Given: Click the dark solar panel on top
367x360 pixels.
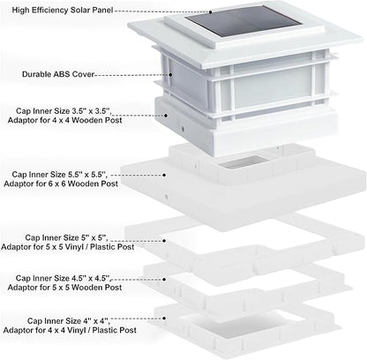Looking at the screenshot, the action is [244, 21].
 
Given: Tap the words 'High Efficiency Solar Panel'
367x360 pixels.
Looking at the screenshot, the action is [63, 10].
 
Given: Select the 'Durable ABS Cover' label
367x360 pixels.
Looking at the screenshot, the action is [58, 74].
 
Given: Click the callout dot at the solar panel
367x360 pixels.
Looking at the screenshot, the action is [211, 12].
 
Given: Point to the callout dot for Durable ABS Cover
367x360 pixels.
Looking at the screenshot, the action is [170, 75].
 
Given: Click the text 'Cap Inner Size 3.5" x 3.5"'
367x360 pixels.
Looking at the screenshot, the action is [63, 111].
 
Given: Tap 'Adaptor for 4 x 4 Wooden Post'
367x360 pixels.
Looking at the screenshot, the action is [64, 120].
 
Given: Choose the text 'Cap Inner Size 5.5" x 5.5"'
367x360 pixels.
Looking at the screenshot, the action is [59, 175].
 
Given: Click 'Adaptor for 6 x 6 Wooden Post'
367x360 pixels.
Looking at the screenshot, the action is [61, 184].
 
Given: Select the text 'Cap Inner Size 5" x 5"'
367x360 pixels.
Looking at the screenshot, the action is [66, 237].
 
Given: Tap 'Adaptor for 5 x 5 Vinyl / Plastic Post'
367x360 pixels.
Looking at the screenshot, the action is [68, 247].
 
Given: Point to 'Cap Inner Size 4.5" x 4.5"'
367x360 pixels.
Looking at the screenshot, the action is [63, 278].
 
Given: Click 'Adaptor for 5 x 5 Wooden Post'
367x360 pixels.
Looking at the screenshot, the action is [64, 288].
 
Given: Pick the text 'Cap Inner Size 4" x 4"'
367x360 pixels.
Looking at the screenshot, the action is [69, 321].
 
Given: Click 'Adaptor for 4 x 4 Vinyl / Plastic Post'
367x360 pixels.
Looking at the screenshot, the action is [70, 330].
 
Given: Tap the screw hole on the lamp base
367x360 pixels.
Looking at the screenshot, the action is [183, 129].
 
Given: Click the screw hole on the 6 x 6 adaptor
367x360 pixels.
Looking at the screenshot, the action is [167, 196].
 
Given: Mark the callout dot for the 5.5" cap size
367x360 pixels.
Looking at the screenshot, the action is [164, 175].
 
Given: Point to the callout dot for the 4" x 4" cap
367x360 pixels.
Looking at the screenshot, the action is [164, 319].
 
